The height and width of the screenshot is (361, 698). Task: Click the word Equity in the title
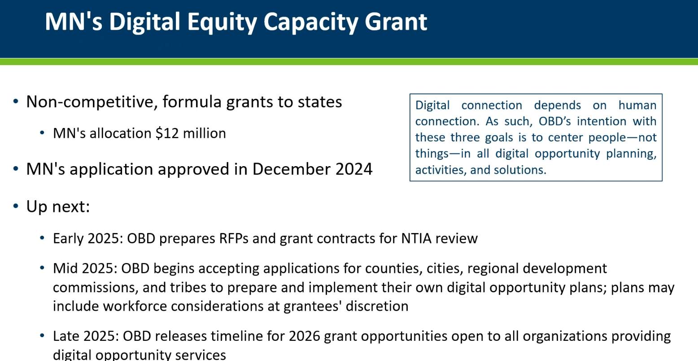pyautogui.click(x=222, y=22)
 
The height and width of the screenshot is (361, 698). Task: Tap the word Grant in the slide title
pyautogui.click(x=396, y=22)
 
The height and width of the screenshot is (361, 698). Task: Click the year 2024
pyautogui.click(x=353, y=169)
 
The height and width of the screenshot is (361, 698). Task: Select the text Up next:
pyautogui.click(x=58, y=207)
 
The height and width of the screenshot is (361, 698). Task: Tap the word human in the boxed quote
pyautogui.click(x=637, y=105)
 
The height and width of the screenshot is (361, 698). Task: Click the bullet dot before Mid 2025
pyautogui.click(x=42, y=268)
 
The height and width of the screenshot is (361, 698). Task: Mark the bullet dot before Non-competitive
pyautogui.click(x=16, y=101)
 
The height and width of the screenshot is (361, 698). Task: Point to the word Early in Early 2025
pyautogui.click(x=68, y=239)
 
